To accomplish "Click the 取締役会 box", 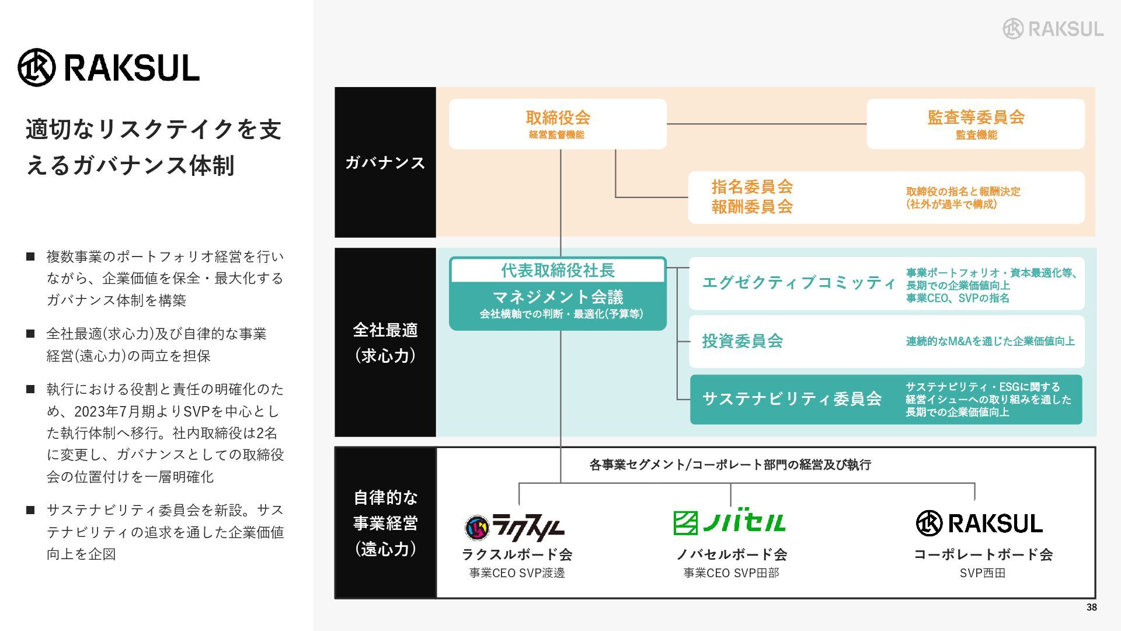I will tap(558, 124).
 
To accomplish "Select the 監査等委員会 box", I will tap(976, 124).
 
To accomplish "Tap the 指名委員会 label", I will tap(752, 187).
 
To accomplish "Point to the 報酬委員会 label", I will tap(752, 207).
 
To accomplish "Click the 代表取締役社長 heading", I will tap(558, 271).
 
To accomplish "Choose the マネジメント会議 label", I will tap(558, 297).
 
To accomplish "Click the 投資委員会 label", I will tap(742, 341).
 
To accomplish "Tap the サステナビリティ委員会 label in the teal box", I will tap(792, 399).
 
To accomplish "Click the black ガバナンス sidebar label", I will tap(385, 162).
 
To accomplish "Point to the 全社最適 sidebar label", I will tap(385, 330).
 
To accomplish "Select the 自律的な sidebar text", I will tap(385, 498).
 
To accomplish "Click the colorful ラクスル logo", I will tap(515, 527).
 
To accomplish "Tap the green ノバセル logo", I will tap(729, 522).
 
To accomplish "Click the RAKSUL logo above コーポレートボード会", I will tap(979, 523).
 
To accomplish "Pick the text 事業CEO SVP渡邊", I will tap(517, 573).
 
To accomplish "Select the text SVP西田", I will tap(982, 573).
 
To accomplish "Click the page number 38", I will tap(1091, 608).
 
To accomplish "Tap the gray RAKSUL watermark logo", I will tap(1053, 29).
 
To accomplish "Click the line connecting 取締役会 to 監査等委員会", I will tap(766, 124).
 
